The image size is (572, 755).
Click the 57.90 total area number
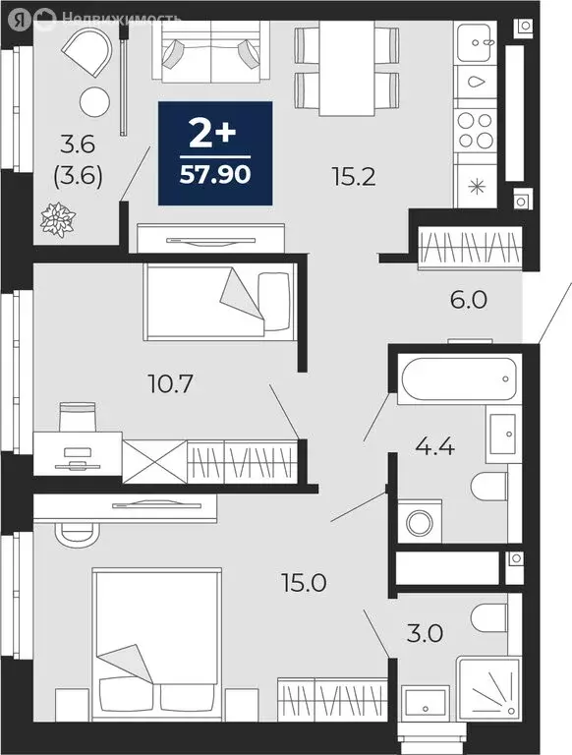pyautogui.click(x=215, y=178)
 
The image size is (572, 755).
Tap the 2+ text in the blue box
pyautogui.click(x=215, y=133)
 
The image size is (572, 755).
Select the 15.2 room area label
pyautogui.click(x=349, y=177)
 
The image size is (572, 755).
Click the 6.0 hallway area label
pyautogui.click(x=468, y=301)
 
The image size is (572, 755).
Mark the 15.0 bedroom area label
pyautogui.click(x=303, y=582)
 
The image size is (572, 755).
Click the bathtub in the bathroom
pyautogui.click(x=458, y=378)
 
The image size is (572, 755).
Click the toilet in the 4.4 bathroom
pyautogui.click(x=488, y=487)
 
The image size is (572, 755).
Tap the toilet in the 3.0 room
pyautogui.click(x=488, y=617)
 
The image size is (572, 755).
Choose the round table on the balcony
pyautogui.click(x=94, y=100)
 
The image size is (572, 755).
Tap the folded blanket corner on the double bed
pyautogui.click(x=127, y=662)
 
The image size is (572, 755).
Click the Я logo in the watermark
pyautogui.click(x=40, y=18)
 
